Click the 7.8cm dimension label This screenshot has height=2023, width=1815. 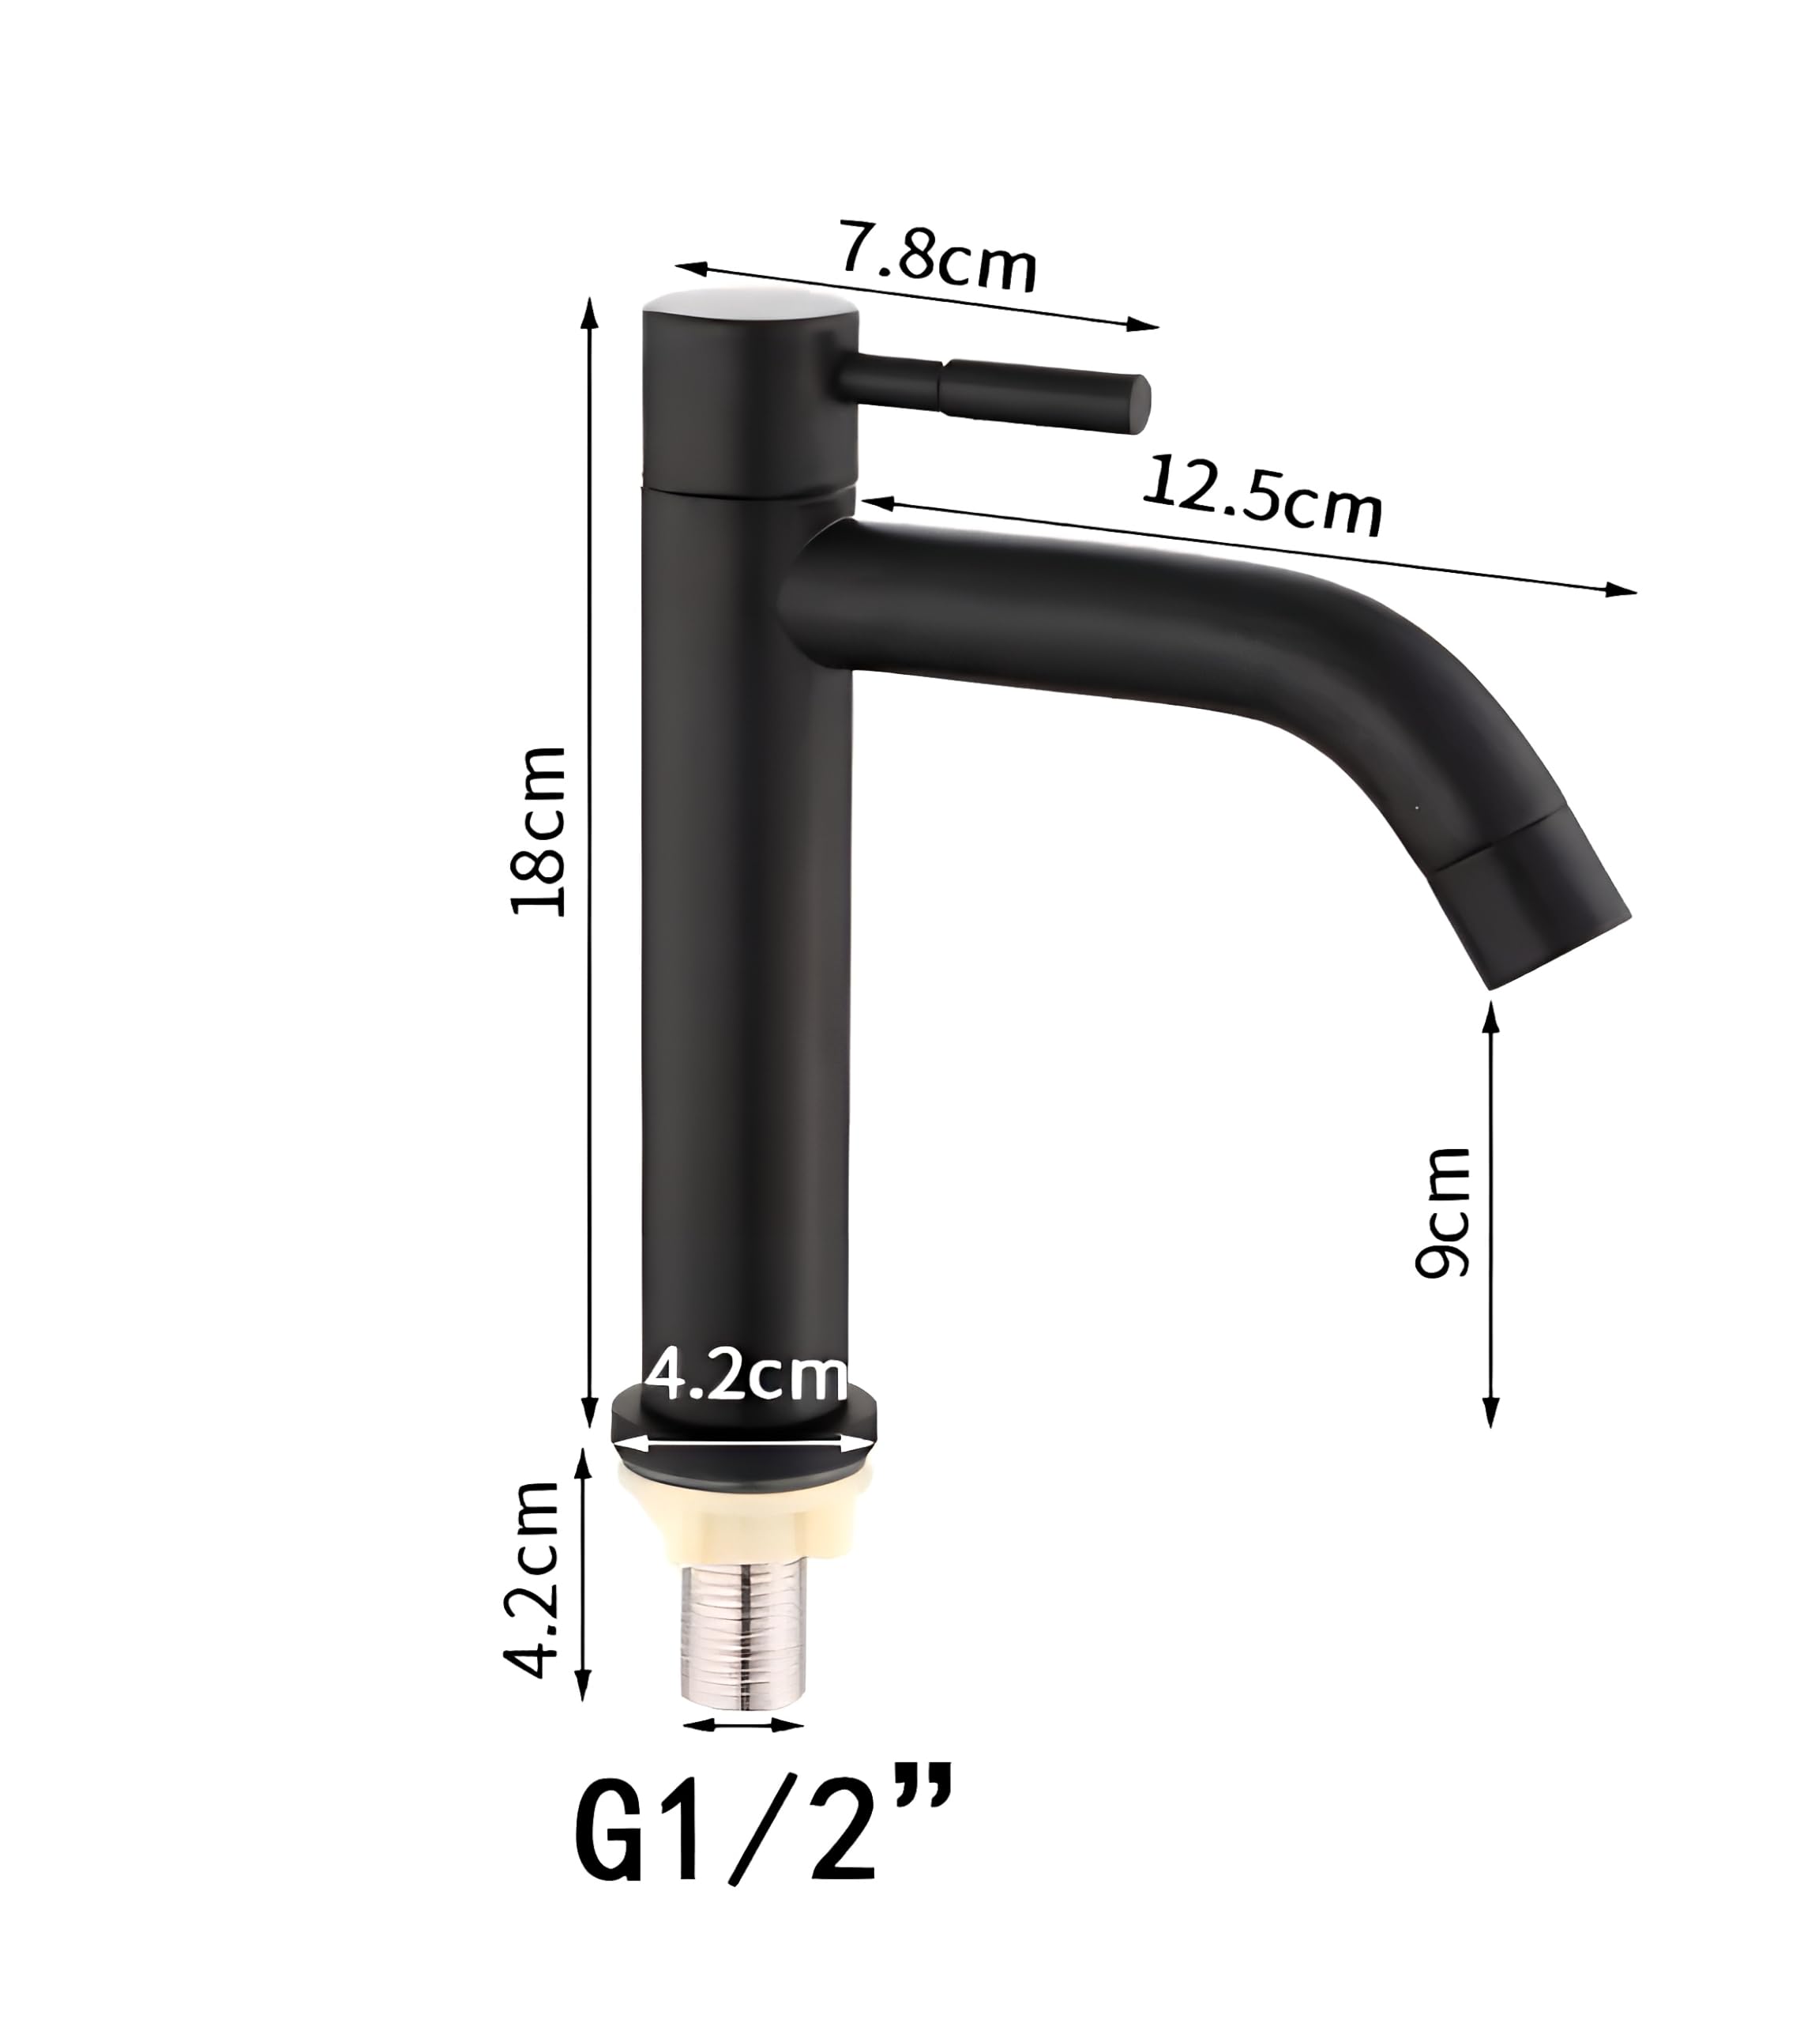(938, 258)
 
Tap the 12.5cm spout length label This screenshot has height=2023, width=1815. (1261, 495)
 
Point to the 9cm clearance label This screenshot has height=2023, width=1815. (1443, 1212)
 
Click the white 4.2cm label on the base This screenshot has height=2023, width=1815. (746, 1377)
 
